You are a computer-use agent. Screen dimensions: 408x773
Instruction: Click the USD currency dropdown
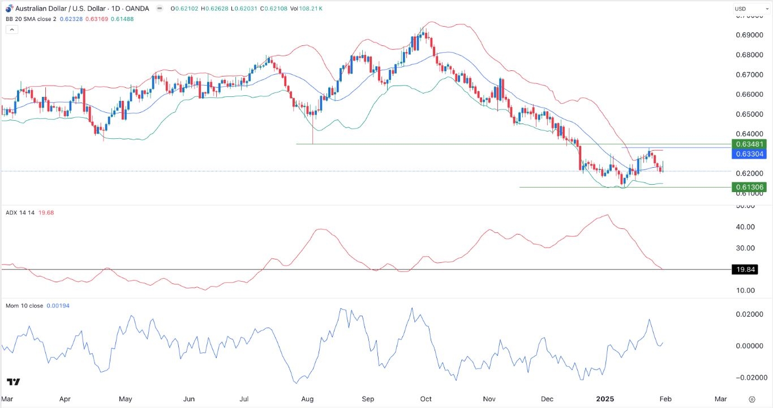tap(747, 8)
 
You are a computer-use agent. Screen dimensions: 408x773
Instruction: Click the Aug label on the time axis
tap(307, 399)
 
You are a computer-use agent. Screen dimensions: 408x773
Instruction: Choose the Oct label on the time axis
tap(426, 399)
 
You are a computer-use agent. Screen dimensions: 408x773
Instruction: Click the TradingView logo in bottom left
tap(14, 381)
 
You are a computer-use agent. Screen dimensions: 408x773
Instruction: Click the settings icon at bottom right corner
tap(751, 399)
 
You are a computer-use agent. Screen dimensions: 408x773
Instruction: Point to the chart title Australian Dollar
tap(50, 8)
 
